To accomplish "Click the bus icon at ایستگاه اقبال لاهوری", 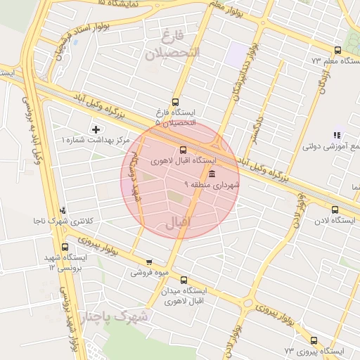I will [x=184, y=149].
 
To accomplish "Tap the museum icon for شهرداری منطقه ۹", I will [x=212, y=174].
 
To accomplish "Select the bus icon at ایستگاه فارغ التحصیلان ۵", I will [x=175, y=101].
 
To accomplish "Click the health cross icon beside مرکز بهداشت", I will [x=96, y=129].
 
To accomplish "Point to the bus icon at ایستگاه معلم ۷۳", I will [x=337, y=50].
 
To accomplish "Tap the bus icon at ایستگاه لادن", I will [x=334, y=210].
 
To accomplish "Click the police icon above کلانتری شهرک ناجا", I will [x=64, y=210].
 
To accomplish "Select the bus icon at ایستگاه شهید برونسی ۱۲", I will [x=65, y=247].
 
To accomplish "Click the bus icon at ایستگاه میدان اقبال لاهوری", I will [x=184, y=279].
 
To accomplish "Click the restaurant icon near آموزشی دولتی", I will [x=337, y=136].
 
